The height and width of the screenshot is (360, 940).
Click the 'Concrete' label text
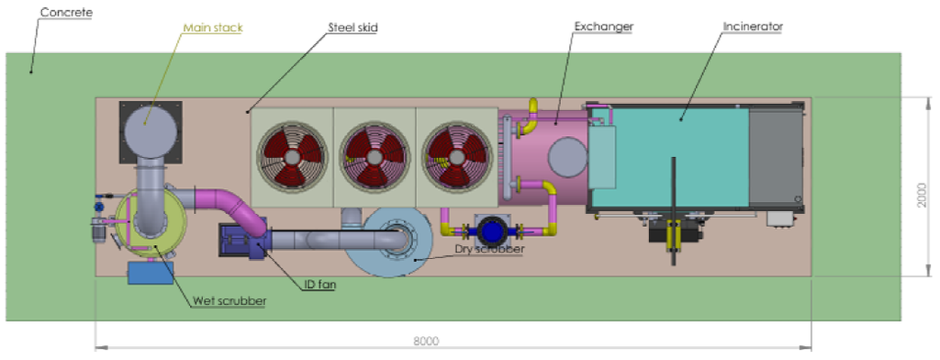tap(68, 13)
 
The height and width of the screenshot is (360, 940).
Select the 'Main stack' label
tap(213, 28)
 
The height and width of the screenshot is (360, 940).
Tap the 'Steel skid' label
tap(352, 28)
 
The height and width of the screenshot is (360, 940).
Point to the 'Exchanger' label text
tap(603, 27)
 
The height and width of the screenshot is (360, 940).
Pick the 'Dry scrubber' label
tap(490, 249)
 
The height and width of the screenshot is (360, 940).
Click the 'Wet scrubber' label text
tap(229, 300)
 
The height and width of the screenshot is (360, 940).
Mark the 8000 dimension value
tap(425, 340)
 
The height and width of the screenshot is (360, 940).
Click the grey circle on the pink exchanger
tap(567, 157)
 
